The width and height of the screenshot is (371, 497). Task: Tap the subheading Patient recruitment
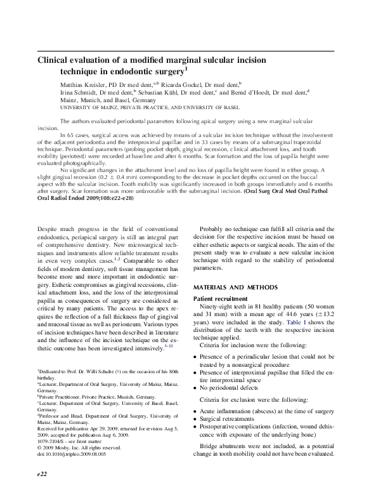220,298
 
